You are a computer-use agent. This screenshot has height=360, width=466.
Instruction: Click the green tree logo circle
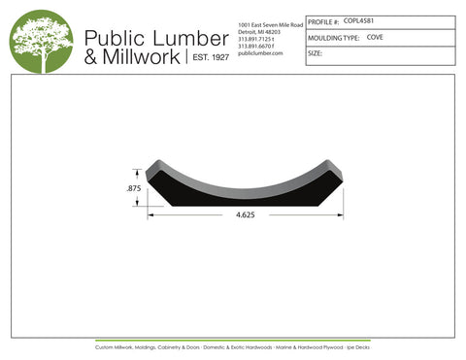pyautogui.click(x=42, y=41)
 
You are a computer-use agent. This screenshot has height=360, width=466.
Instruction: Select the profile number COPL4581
pyautogui.click(x=362, y=20)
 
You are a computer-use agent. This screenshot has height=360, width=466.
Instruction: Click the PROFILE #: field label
pyautogui.click(x=323, y=21)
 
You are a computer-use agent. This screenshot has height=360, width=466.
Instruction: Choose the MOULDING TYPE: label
pyautogui.click(x=333, y=38)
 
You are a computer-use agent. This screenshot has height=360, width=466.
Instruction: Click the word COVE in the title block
pyautogui.click(x=375, y=37)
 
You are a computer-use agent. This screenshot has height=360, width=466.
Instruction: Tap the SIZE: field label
pyautogui.click(x=315, y=54)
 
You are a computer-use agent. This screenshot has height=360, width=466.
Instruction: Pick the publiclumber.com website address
pyautogui.click(x=259, y=53)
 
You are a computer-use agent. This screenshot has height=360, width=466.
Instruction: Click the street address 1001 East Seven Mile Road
pyautogui.click(x=270, y=23)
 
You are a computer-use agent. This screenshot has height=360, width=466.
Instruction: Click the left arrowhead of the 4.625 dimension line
pyautogui.click(x=150, y=214)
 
